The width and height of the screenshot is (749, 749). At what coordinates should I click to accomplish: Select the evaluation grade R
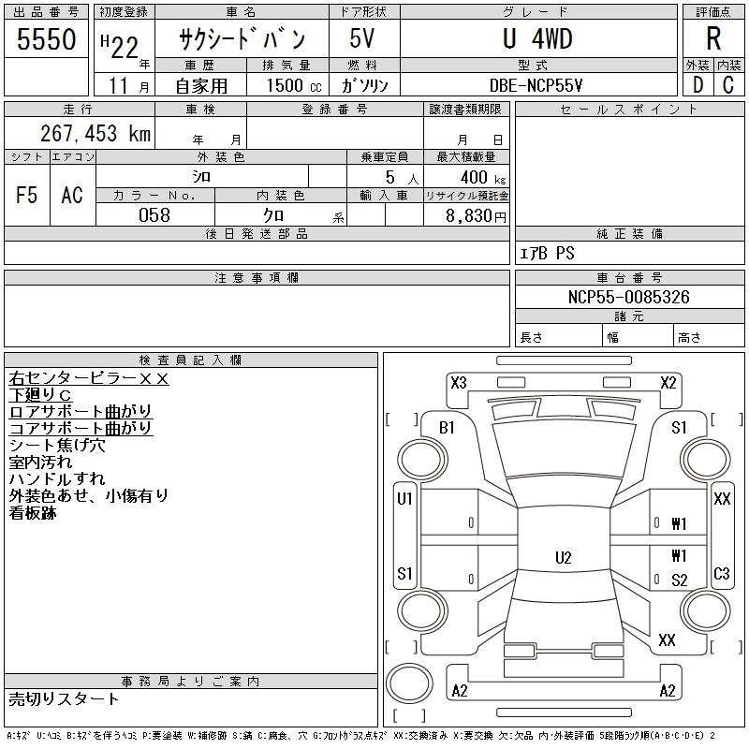click(x=712, y=39)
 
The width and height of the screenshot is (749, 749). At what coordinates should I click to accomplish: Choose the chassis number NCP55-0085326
click(x=629, y=298)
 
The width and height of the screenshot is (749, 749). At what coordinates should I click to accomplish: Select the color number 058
click(x=154, y=215)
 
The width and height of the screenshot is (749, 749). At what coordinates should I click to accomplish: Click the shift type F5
click(x=27, y=195)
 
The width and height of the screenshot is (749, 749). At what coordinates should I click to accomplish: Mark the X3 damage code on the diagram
click(x=459, y=382)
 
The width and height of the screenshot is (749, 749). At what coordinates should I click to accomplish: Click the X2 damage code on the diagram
click(x=668, y=382)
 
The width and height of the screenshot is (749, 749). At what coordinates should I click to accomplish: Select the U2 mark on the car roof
click(x=563, y=558)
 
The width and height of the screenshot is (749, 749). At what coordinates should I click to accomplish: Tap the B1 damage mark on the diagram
click(x=447, y=428)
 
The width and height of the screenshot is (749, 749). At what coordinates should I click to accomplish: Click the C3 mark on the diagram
click(x=722, y=573)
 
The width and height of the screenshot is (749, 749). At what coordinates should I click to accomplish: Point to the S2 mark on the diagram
click(x=680, y=580)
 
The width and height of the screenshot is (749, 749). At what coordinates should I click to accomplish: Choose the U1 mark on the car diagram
click(x=405, y=499)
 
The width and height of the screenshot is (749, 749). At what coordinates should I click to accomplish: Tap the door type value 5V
click(x=363, y=39)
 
